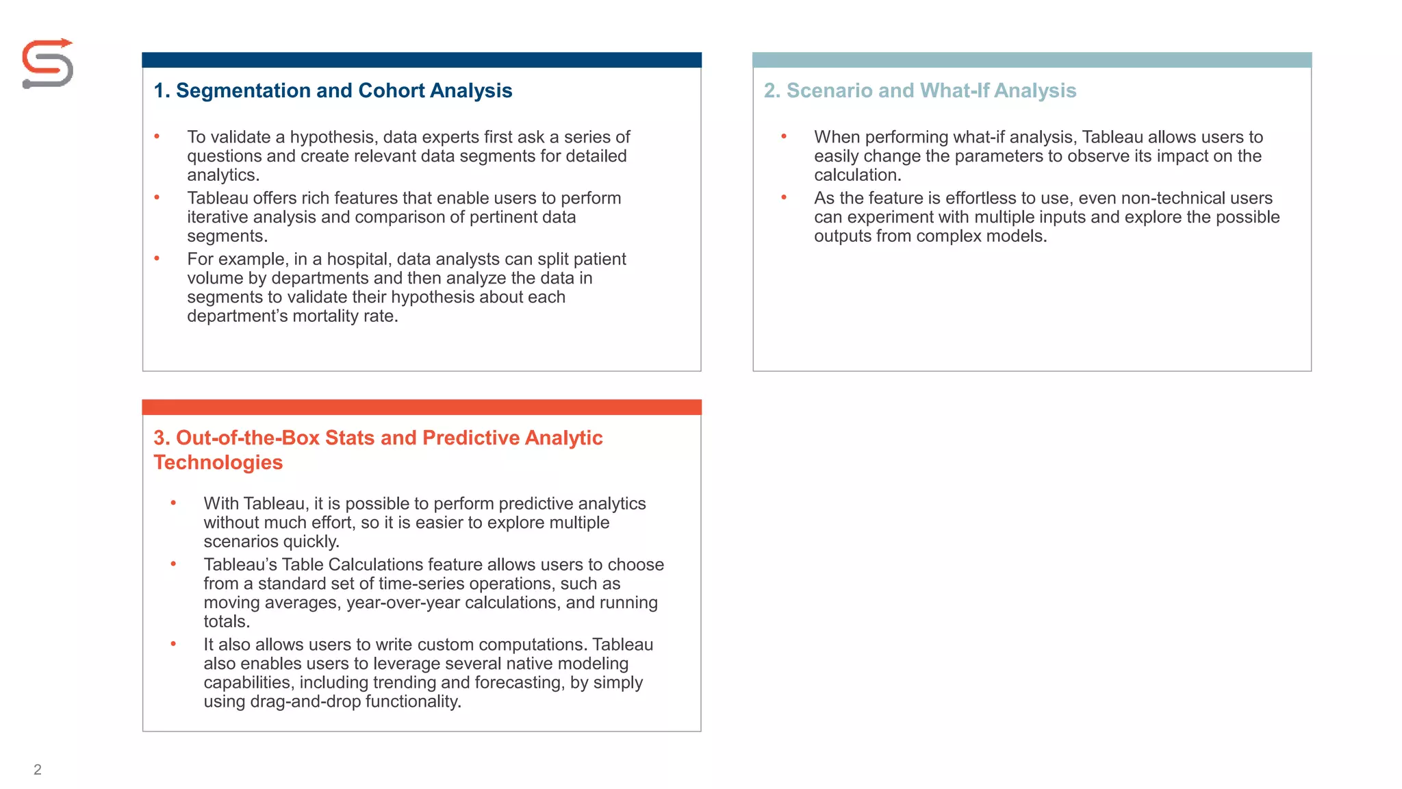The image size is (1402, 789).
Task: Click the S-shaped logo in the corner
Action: [47, 64]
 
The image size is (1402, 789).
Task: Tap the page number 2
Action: [38, 769]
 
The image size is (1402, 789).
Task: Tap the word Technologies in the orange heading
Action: [218, 462]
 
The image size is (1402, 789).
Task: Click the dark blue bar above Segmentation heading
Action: [422, 60]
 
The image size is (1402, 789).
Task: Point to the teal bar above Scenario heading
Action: [1032, 60]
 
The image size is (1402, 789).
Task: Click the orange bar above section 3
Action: [422, 408]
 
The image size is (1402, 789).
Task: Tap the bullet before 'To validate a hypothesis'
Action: [157, 137]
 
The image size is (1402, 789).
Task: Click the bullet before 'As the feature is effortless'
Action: [784, 198]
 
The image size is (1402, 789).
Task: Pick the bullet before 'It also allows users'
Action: [173, 644]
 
